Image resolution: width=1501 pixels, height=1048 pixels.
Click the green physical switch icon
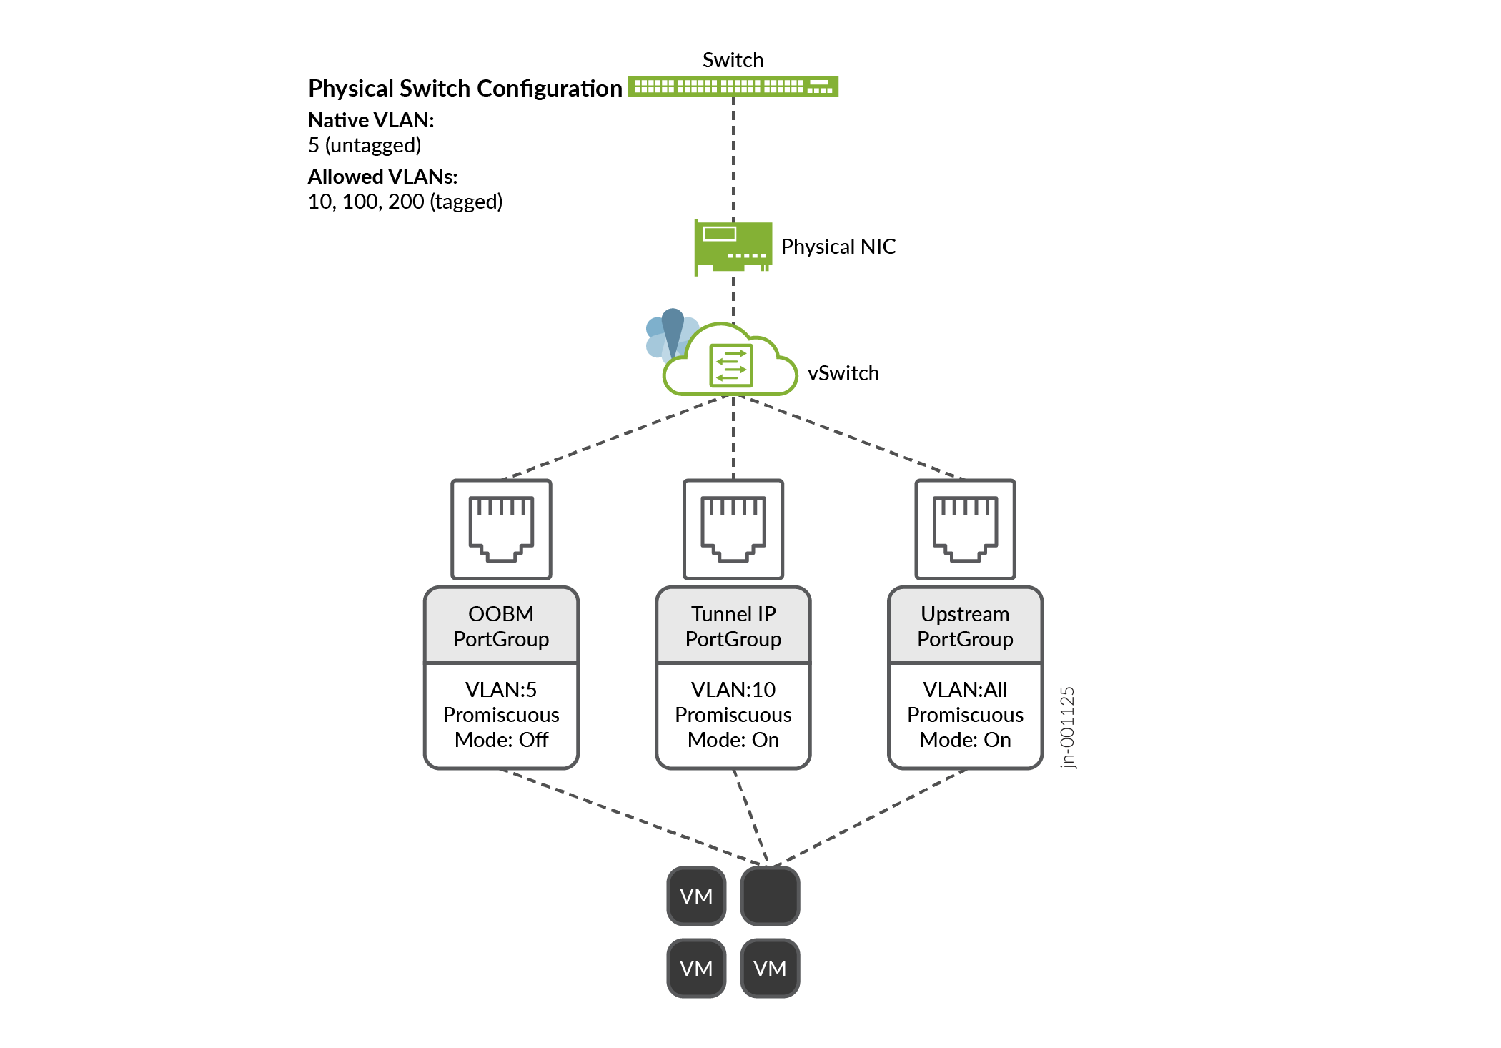point(733,86)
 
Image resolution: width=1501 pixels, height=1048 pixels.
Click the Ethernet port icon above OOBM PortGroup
point(501,529)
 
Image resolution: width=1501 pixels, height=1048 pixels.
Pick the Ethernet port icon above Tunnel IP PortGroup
point(733,529)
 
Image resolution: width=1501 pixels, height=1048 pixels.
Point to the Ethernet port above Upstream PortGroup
point(965,529)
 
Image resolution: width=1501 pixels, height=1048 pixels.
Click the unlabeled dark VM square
point(770,896)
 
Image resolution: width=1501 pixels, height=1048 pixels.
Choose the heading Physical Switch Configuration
point(465,89)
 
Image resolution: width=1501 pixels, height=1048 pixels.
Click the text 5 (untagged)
point(365,145)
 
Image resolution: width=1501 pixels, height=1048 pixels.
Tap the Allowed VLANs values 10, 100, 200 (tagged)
point(405,202)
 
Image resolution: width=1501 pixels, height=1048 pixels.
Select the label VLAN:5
point(501,690)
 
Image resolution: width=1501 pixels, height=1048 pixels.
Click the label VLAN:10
point(733,690)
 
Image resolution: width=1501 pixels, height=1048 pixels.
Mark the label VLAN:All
point(965,690)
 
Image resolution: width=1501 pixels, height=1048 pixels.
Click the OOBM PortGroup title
point(501,626)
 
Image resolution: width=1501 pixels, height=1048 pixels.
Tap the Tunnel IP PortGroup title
point(733,626)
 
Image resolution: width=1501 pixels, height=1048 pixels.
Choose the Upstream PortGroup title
point(965,626)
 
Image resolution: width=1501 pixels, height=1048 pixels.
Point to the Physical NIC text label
point(838,247)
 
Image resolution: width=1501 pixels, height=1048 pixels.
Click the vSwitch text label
point(843,373)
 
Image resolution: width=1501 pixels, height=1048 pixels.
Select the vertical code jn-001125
point(1067,727)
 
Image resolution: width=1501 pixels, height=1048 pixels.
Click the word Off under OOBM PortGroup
point(533,740)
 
